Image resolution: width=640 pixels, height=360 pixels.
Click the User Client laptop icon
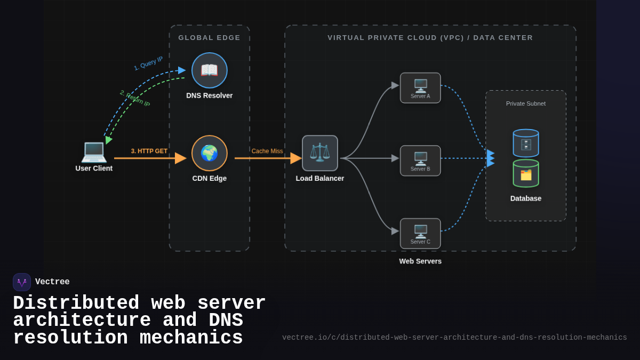point(94,151)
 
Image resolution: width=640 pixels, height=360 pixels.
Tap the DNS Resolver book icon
point(210,70)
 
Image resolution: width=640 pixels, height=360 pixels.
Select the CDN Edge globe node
point(210,153)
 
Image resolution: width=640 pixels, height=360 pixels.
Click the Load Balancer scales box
point(320,153)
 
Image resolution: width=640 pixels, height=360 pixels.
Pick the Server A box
point(420,88)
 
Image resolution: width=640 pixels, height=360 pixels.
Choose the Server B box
point(420,161)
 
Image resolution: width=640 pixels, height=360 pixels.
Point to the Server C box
point(420,234)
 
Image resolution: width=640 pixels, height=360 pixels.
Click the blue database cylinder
point(526,143)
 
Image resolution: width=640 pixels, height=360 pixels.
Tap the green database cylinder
point(526,173)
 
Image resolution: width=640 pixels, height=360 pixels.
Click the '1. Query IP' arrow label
point(148,63)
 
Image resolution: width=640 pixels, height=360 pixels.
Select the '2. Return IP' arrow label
point(135,98)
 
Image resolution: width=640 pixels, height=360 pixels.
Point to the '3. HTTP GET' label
point(149,151)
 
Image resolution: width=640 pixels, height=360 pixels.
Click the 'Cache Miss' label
point(267,151)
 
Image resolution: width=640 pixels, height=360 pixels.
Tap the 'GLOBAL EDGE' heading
point(210,38)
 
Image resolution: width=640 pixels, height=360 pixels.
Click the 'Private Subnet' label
point(526,103)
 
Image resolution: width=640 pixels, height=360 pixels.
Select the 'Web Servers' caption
point(420,261)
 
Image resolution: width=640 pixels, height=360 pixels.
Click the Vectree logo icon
point(22,282)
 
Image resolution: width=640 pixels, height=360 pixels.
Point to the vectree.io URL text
point(454,338)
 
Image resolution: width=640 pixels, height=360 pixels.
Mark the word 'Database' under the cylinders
point(526,198)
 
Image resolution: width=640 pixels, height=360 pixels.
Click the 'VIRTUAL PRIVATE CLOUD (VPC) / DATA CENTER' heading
point(430,38)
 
